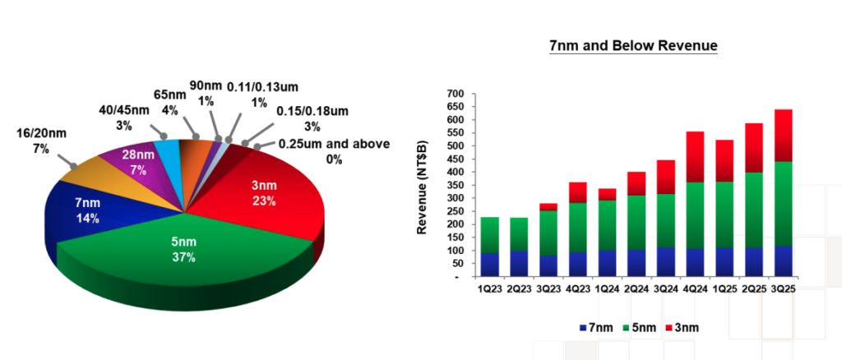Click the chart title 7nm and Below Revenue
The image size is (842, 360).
coord(633,46)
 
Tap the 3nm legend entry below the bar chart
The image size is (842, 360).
coord(685,327)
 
